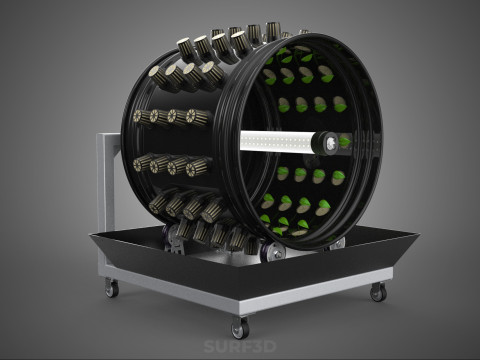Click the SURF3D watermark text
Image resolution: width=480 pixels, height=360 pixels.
tap(240, 346)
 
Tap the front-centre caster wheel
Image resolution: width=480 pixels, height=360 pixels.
tap(241, 328)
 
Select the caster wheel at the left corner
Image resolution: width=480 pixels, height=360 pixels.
tap(112, 288)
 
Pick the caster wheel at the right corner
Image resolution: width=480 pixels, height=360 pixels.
tap(378, 292)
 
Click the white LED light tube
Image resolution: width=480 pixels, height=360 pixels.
tap(278, 141)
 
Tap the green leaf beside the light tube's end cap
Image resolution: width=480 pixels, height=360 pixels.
tap(344, 142)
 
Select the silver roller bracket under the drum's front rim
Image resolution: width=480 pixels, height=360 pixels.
tap(274, 250)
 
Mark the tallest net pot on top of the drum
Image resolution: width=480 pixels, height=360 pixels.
tap(273, 32)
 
